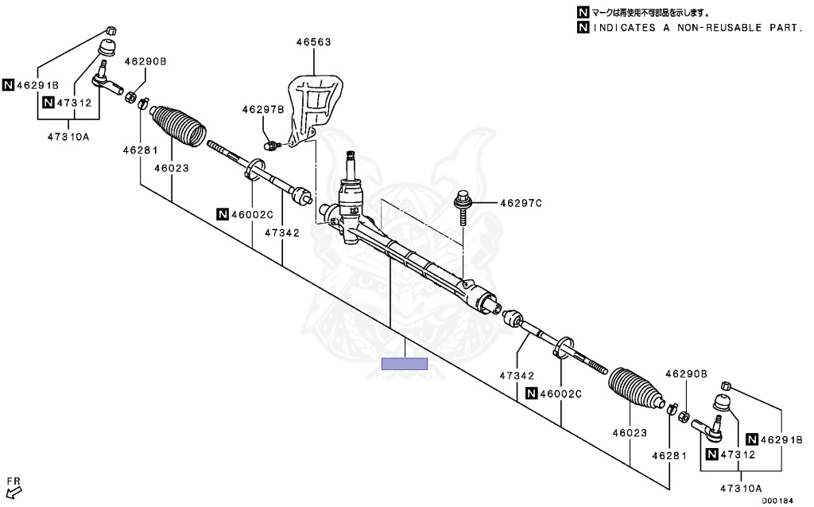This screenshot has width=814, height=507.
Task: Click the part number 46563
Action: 313,41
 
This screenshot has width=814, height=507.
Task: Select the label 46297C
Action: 521,204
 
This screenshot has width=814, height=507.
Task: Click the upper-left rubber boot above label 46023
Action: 178,125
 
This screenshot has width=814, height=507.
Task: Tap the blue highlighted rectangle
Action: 405,365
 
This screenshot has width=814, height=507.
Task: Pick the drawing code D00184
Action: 777,501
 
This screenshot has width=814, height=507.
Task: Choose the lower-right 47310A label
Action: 741,487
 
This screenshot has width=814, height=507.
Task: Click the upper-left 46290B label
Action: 145,61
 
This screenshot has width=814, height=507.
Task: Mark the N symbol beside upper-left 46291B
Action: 8,84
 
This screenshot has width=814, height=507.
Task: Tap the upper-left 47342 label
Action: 282,234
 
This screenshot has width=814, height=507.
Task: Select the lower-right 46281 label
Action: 668,456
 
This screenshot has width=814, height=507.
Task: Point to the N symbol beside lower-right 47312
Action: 711,454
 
